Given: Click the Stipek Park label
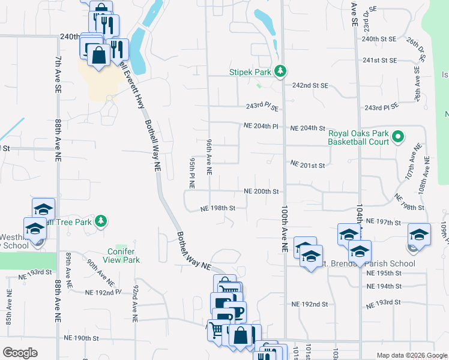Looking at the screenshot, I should (251, 72).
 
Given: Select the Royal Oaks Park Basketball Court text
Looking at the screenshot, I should (359, 138).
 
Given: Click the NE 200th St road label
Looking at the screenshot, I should (262, 191).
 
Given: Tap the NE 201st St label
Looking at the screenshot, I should (307, 164).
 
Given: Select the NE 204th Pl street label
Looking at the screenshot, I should (262, 127).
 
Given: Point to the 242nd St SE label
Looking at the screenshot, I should (310, 86).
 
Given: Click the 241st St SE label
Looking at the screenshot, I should (380, 61).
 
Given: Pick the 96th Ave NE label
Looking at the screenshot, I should (209, 157).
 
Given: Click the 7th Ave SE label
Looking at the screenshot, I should (58, 74).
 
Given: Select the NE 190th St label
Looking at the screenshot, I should (79, 338).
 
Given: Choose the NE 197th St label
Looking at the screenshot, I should (382, 223).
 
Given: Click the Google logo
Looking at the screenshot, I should (20, 353).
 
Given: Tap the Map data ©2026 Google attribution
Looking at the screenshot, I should (411, 355).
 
